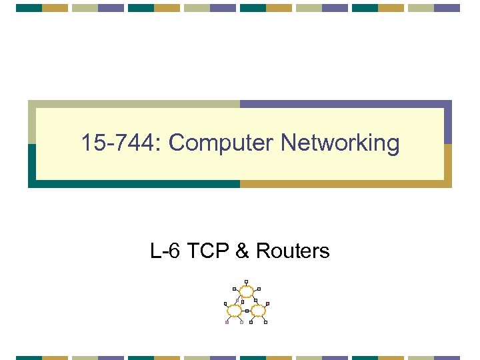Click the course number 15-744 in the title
coord(121,143)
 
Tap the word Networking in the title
coord(340,143)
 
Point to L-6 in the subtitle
coord(165,251)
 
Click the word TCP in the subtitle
coord(207,251)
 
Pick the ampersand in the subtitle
coord(242,251)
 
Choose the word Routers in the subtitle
coord(292,251)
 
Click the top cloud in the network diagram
coord(247,291)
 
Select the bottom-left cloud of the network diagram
coord(235,311)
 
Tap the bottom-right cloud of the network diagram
coord(258,311)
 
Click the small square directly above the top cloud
coord(246,281)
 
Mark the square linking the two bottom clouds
coord(247,311)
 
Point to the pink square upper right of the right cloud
coord(267,304)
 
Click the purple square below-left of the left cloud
coord(227,323)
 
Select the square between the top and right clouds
coord(255,301)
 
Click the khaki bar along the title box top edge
coord(133,104)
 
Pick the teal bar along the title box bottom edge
coord(133,183)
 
